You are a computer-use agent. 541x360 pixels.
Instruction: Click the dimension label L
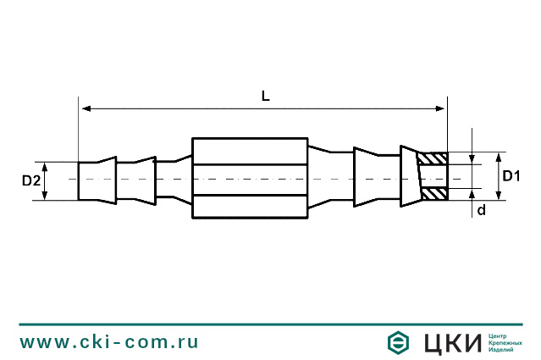point(265,97)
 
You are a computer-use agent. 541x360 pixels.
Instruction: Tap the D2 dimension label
point(30,180)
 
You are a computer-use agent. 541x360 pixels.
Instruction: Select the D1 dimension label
point(511,176)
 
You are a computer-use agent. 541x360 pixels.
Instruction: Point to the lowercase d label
point(481,210)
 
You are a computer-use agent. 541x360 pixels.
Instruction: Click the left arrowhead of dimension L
point(86,108)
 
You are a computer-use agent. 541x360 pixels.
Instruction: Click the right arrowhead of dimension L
point(440,108)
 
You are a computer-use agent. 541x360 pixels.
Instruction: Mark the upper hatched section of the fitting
point(435,158)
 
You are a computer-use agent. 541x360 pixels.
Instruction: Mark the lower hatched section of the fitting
point(435,194)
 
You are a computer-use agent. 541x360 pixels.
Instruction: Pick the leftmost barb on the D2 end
point(97,180)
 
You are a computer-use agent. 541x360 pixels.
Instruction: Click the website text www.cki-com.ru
point(109,342)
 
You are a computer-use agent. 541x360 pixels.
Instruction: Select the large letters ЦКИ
point(450,342)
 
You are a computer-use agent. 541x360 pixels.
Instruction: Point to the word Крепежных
point(506,343)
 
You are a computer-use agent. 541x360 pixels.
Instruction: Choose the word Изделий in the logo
point(503,351)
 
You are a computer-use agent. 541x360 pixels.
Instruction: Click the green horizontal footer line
point(270,324)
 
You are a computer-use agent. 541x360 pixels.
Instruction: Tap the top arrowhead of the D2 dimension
point(45,166)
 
